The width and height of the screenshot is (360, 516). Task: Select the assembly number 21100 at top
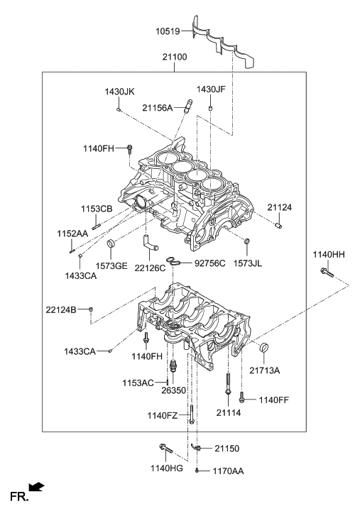pyautogui.click(x=175, y=56)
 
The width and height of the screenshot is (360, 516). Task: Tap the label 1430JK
pyautogui.click(x=120, y=92)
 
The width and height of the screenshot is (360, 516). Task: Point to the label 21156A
pyautogui.click(x=157, y=107)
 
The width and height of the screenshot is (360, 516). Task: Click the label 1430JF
pyautogui.click(x=211, y=89)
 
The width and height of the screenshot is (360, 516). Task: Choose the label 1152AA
pyautogui.click(x=72, y=233)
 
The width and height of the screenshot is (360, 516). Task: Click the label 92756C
pyautogui.click(x=209, y=263)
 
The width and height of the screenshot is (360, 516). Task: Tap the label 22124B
pyautogui.click(x=62, y=309)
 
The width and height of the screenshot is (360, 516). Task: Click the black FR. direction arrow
pyautogui.click(x=37, y=487)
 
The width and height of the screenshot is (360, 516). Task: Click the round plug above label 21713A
pyautogui.click(x=265, y=348)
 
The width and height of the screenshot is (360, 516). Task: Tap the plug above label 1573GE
pyautogui.click(x=110, y=246)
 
